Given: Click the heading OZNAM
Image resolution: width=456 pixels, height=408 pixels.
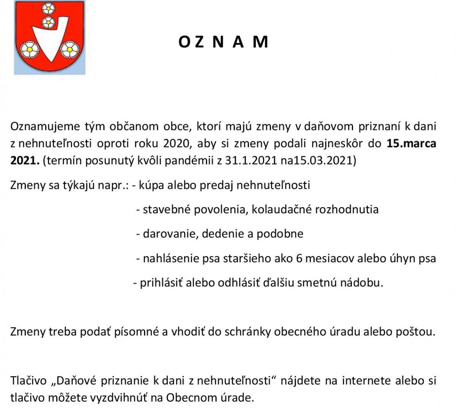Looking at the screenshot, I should click(223, 42).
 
